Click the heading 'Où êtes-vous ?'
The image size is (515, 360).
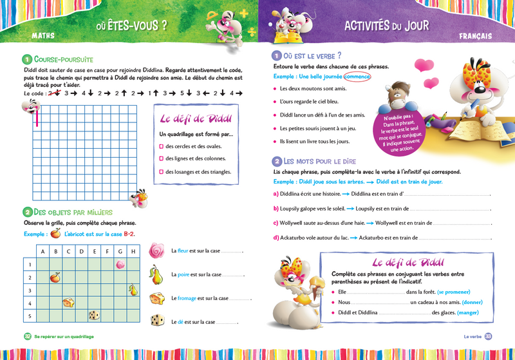(x=131, y=26)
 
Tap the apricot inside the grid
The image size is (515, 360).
(x=55, y=277)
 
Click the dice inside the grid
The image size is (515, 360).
(x=94, y=315)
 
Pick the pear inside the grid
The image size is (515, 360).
(x=133, y=290)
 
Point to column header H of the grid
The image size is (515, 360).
(x=133, y=251)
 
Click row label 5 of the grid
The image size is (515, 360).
(x=30, y=315)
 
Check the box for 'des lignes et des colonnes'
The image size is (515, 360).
(x=161, y=158)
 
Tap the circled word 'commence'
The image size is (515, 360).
(x=357, y=76)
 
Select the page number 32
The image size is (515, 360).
(x=28, y=336)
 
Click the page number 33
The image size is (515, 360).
(x=488, y=336)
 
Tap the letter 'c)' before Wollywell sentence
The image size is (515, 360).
(x=276, y=223)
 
